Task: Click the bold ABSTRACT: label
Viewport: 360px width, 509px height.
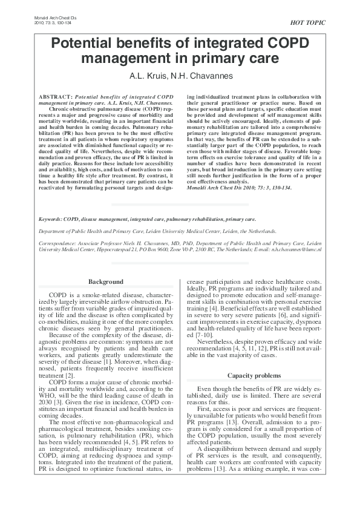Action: (55, 97)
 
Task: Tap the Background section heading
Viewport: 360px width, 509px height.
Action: (106, 282)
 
